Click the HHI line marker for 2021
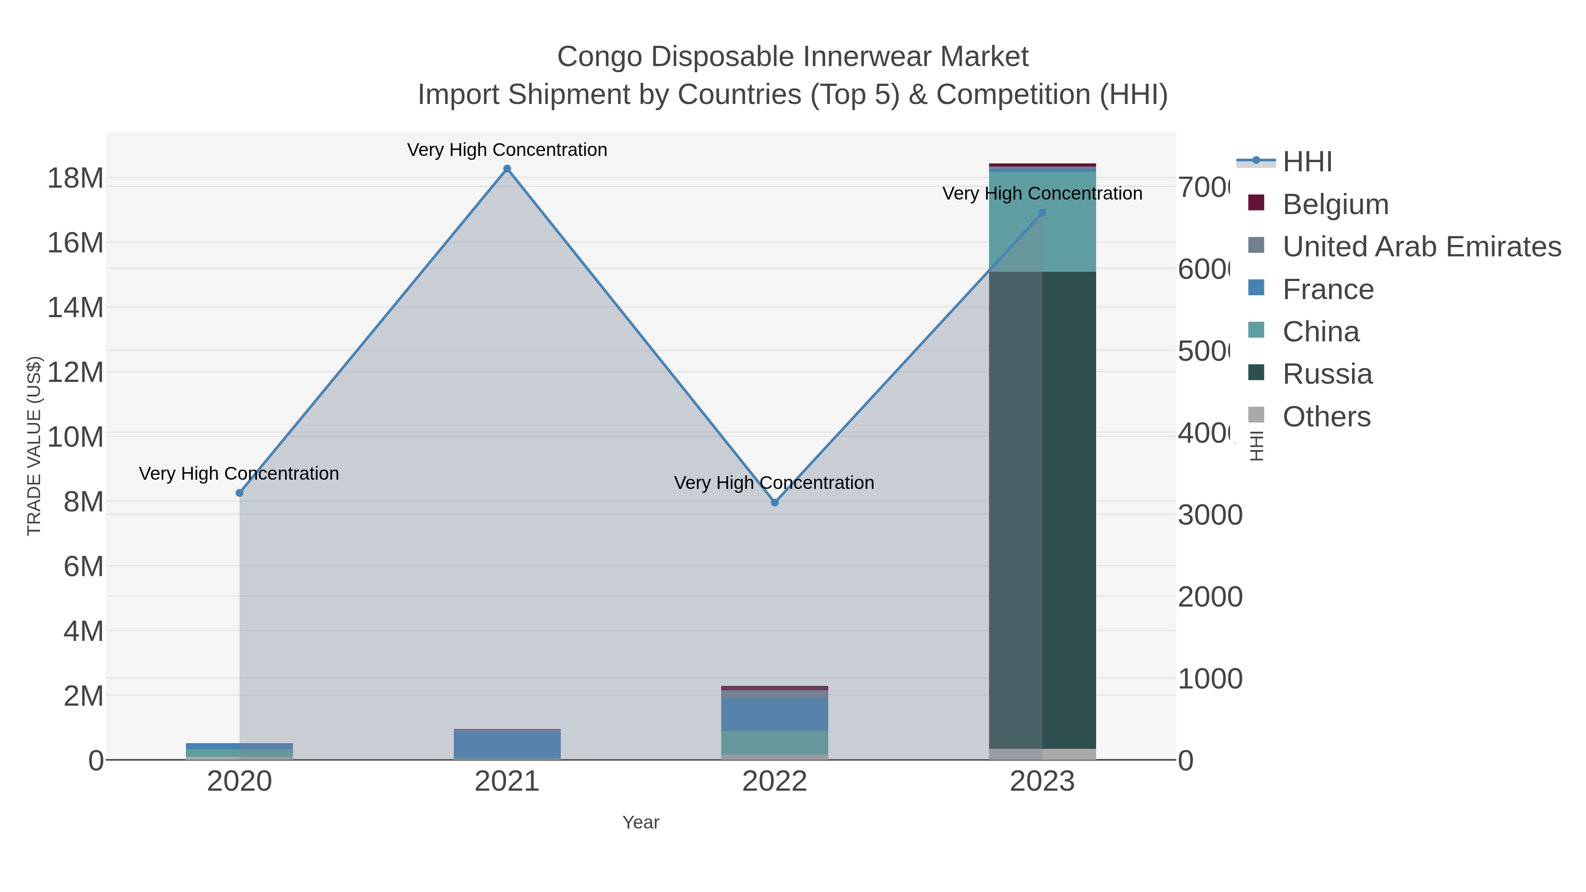coord(507,169)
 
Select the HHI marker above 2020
coord(240,493)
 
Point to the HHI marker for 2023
coord(1042,213)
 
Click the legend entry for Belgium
coord(1335,204)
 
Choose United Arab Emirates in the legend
coord(1421,247)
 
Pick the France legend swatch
coord(1256,288)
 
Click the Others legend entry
coord(1326,417)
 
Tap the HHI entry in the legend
coord(1307,162)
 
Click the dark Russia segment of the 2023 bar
coord(1068,511)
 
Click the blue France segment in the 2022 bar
coord(774,714)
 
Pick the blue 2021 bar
coord(507,745)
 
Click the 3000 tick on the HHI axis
coord(1209,515)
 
